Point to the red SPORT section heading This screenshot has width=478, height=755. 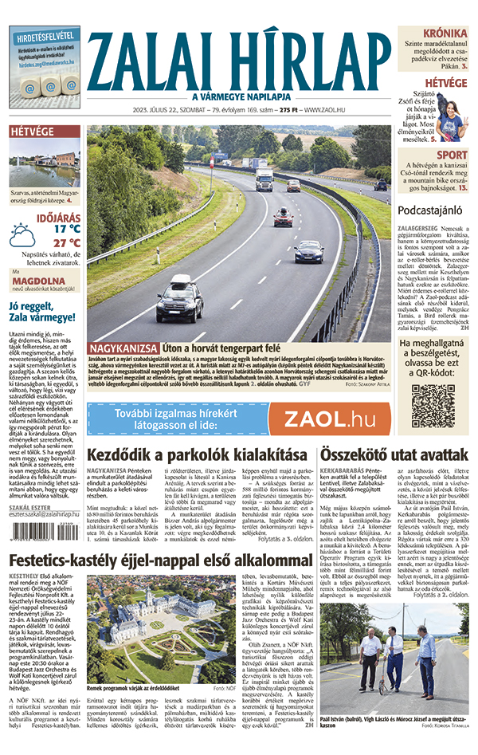coord(452,155)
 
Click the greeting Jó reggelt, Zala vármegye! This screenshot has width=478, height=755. coord(44,313)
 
